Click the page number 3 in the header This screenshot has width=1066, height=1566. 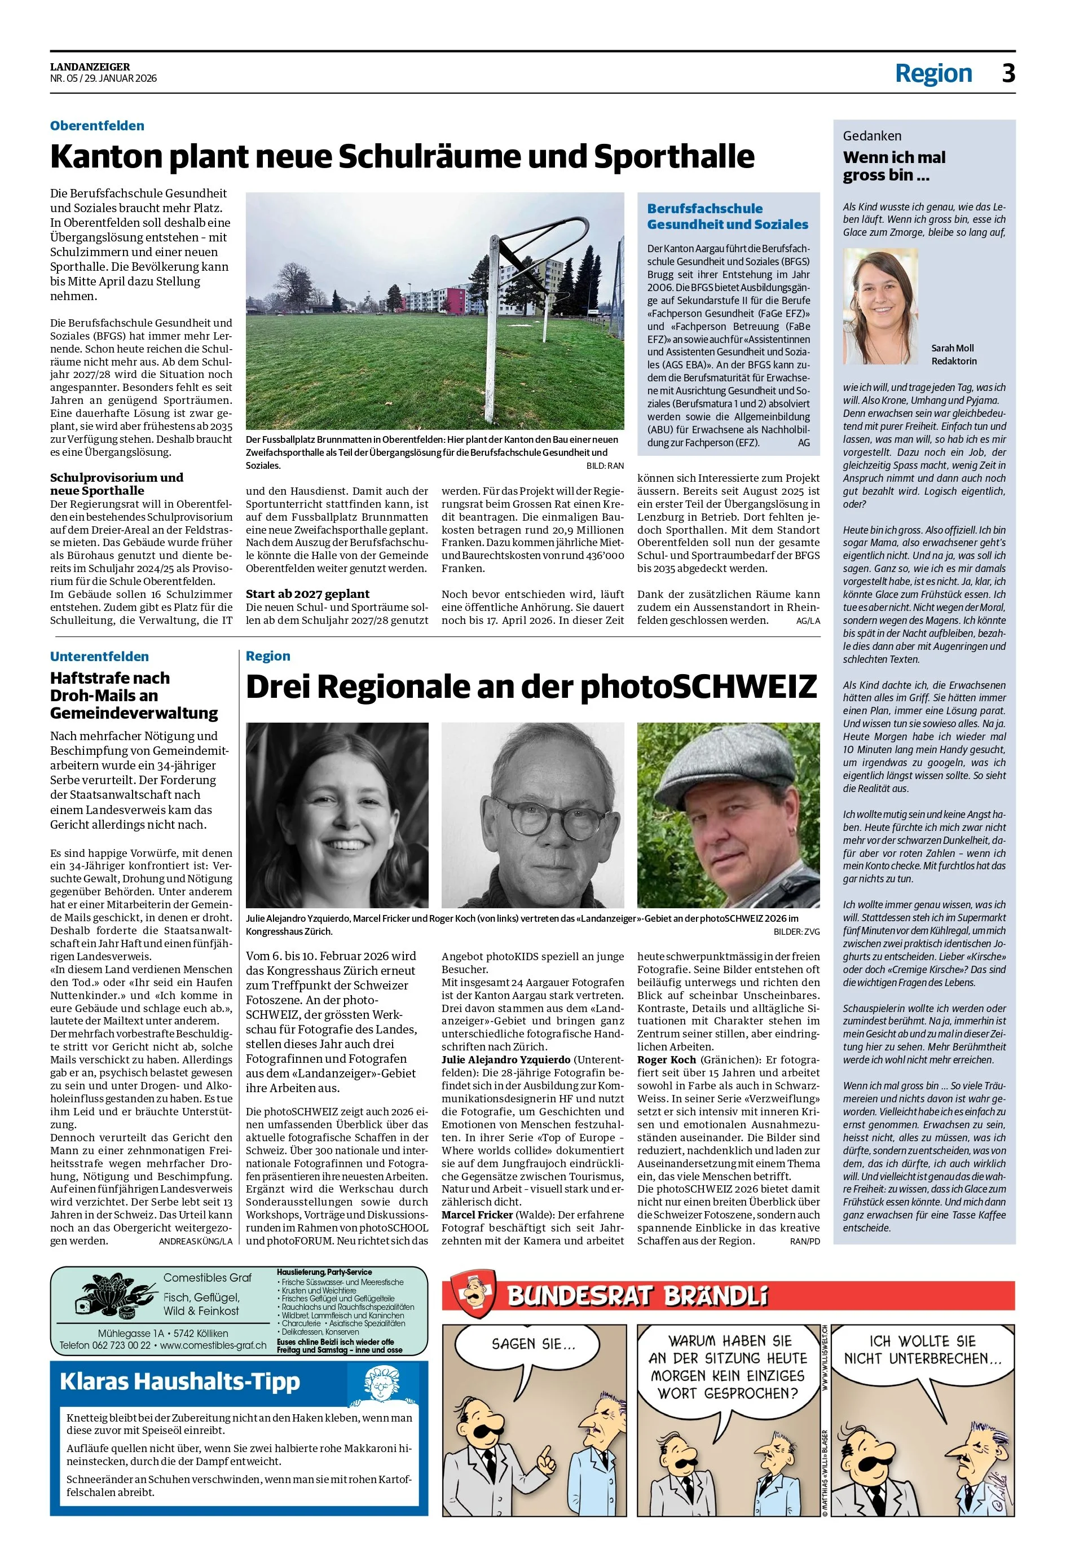[1007, 73]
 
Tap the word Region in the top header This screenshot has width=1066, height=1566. [933, 73]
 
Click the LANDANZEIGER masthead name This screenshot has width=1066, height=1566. [90, 67]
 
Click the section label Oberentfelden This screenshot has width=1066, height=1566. [97, 126]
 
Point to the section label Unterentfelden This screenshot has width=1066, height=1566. [99, 656]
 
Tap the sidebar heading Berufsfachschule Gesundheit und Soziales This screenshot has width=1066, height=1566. [727, 216]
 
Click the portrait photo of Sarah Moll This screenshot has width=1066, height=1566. [880, 306]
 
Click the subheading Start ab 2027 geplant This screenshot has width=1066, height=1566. [307, 593]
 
